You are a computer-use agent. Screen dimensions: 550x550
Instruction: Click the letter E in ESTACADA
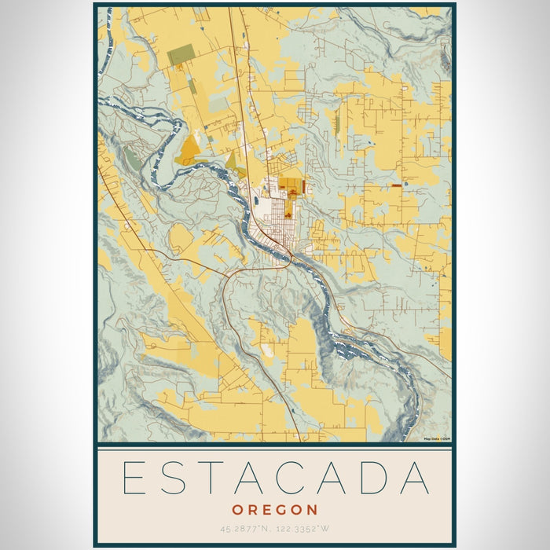(135, 478)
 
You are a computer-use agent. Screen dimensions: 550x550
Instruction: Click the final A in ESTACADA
(414, 478)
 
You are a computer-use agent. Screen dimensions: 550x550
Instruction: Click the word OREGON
(275, 510)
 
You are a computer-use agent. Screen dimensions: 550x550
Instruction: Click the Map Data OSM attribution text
(437, 439)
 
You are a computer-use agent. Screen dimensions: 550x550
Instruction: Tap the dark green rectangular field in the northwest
(181, 54)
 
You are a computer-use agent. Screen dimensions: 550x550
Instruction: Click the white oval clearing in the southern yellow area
(269, 351)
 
